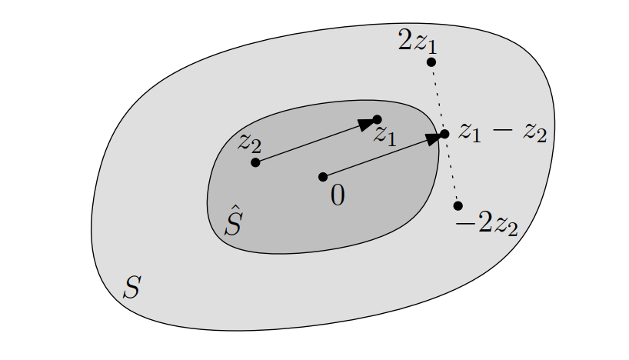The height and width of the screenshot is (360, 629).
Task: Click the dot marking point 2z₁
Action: click(x=431, y=62)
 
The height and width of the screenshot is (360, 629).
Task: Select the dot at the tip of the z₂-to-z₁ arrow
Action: click(x=377, y=119)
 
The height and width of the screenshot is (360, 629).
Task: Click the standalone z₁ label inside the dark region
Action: click(x=384, y=137)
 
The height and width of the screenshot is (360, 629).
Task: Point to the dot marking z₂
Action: click(x=255, y=162)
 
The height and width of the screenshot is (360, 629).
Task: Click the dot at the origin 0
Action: click(x=323, y=177)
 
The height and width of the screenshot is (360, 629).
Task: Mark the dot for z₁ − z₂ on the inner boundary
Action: click(x=444, y=134)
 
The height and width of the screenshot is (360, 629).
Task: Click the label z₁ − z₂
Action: click(x=502, y=132)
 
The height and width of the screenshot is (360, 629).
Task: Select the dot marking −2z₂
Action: click(x=458, y=205)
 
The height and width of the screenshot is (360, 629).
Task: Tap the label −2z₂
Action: click(x=487, y=227)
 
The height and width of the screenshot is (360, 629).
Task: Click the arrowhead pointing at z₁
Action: click(x=367, y=123)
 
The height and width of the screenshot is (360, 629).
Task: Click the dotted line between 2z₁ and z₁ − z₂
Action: click(x=437, y=96)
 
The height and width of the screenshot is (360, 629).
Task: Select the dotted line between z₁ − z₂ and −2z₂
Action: click(x=451, y=171)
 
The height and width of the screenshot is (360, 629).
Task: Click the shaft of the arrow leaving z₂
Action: click(x=308, y=144)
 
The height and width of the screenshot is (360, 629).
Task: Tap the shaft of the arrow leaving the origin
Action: click(x=375, y=158)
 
